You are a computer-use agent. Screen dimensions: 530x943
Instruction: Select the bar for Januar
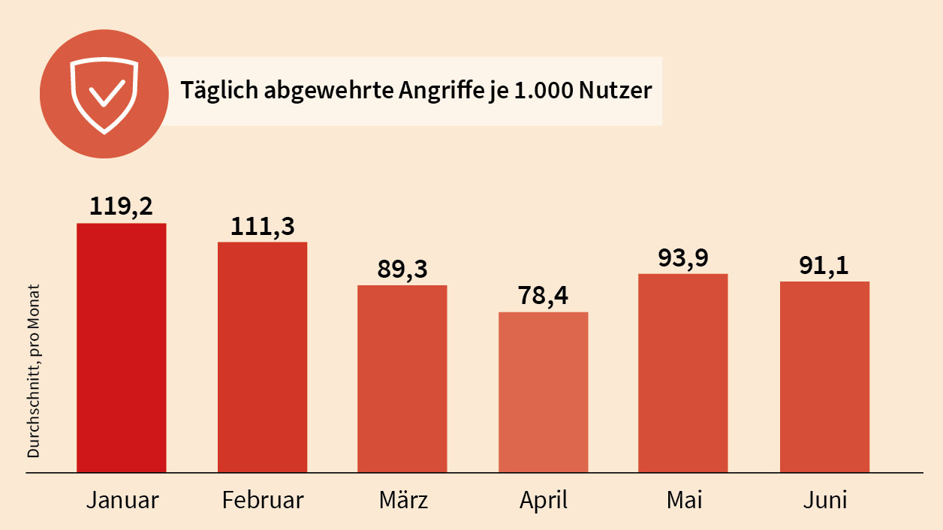[122, 348]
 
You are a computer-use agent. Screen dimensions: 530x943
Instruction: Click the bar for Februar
[262, 357]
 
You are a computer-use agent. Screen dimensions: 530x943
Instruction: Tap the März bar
[402, 379]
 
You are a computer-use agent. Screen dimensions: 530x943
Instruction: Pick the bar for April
[543, 393]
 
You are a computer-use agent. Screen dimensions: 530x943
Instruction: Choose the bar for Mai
[682, 373]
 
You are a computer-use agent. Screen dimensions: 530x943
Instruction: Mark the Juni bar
[824, 377]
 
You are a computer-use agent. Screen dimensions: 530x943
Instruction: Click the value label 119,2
[122, 206]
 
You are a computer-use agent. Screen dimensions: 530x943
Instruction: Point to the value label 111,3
[262, 224]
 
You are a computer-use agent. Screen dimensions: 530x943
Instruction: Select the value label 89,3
[402, 268]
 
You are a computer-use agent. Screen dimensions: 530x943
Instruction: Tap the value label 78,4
[543, 295]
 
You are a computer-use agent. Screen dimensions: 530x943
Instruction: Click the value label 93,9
[682, 257]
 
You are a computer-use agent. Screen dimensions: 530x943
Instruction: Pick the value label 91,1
[824, 264]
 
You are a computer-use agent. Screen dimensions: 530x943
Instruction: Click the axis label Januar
[122, 500]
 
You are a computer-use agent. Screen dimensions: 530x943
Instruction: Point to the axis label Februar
[263, 500]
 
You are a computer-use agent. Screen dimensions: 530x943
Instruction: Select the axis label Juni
[824, 500]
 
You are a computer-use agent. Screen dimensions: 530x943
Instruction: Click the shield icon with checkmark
[104, 95]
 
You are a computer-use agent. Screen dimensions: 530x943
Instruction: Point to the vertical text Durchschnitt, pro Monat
[34, 371]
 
